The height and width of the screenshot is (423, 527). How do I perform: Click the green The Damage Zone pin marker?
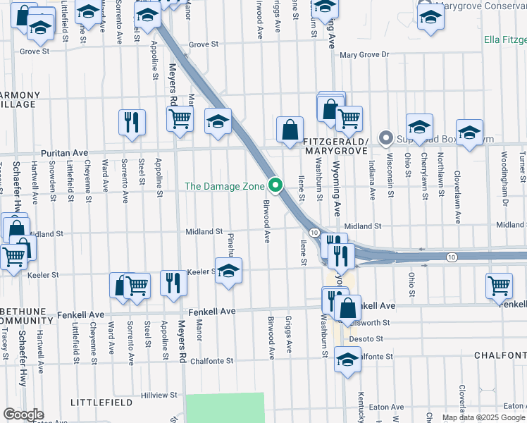click(x=275, y=186)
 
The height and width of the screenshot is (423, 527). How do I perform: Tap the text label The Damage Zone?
click(x=225, y=186)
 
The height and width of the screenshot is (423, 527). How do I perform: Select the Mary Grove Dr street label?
click(x=364, y=54)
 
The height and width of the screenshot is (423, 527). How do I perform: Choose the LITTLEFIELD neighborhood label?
click(x=102, y=402)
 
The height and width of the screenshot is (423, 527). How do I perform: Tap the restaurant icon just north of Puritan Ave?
click(x=132, y=122)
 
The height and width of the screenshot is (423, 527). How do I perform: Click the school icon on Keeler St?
click(x=228, y=271)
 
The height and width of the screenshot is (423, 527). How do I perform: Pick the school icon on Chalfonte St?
click(x=347, y=361)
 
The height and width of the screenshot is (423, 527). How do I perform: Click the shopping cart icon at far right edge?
click(x=499, y=286)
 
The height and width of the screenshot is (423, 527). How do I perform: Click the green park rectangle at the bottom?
click(x=224, y=407)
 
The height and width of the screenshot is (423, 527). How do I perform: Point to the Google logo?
click(x=23, y=415)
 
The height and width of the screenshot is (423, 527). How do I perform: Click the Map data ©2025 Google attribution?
click(x=483, y=417)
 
